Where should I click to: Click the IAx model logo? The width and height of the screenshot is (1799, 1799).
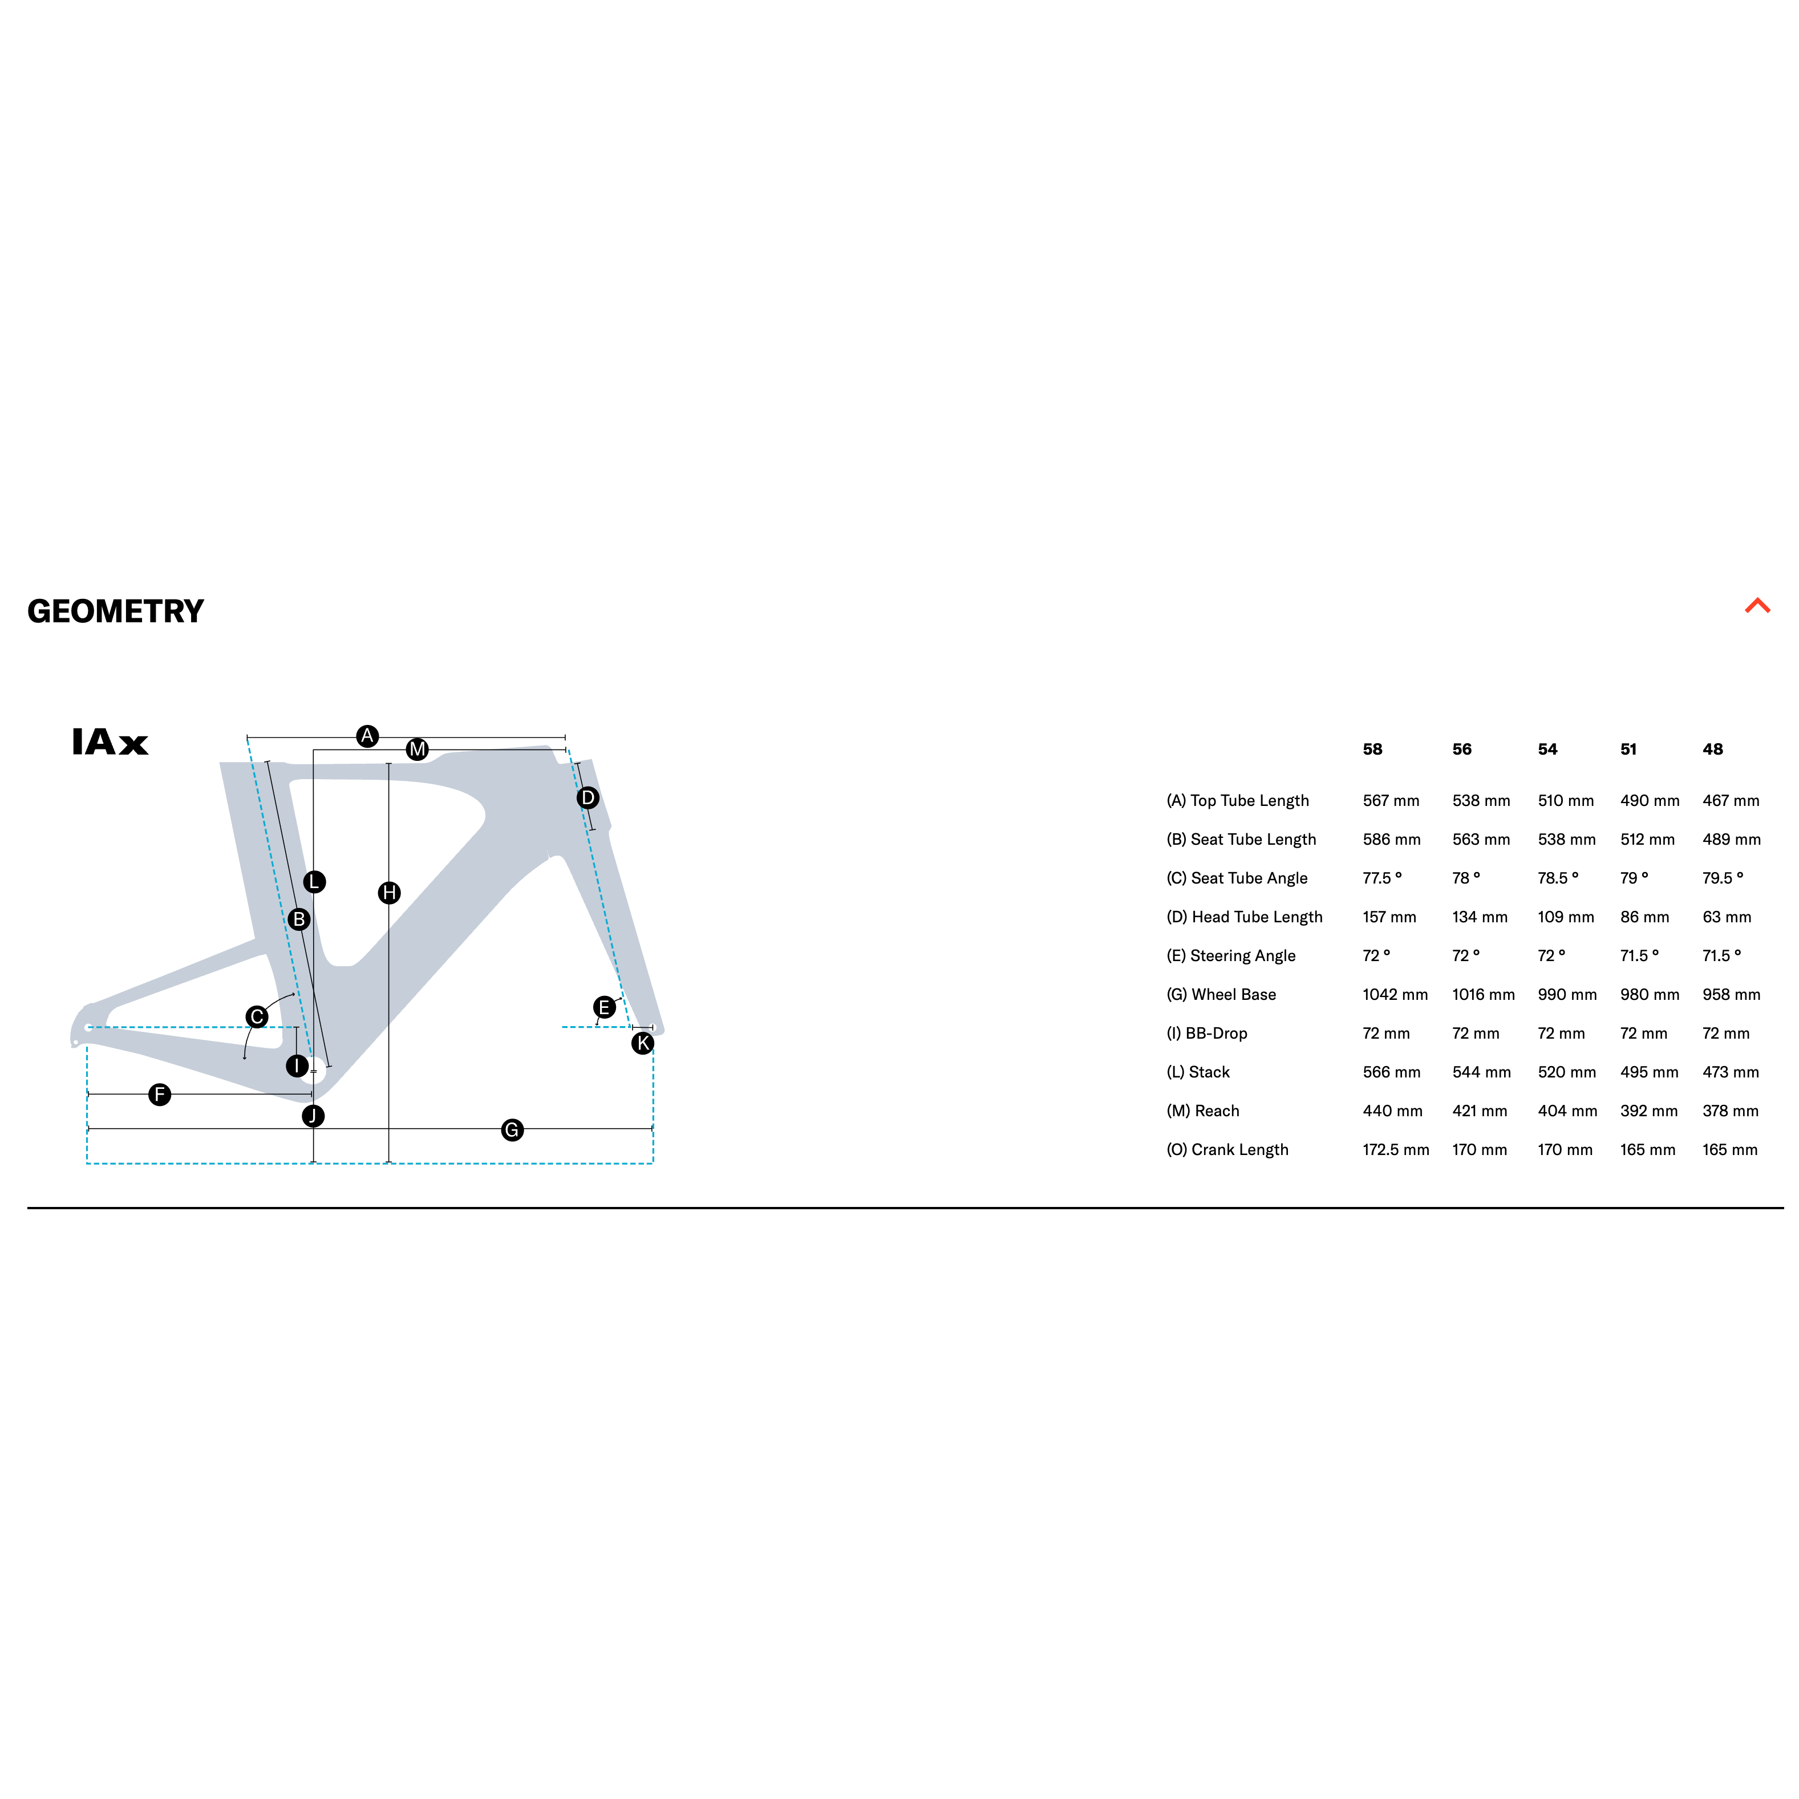coord(110,742)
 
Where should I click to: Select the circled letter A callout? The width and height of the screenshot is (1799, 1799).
coord(368,736)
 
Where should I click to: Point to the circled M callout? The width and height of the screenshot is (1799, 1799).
coord(417,749)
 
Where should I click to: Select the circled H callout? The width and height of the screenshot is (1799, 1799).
coord(389,893)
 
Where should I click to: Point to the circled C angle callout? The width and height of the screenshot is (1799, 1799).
coord(257,1017)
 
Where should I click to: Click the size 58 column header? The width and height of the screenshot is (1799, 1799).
coord(1372,749)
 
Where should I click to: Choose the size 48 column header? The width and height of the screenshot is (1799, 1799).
coord(1712,749)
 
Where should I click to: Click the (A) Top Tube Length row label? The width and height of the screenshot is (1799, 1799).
coord(1238,801)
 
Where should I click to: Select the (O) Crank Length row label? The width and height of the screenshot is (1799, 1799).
coord(1227,1150)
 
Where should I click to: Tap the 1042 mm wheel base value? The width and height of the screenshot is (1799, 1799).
coord(1395,995)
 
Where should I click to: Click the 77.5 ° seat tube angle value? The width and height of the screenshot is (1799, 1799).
coord(1382,878)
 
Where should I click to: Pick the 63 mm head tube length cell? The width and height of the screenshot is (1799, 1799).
coord(1727,917)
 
